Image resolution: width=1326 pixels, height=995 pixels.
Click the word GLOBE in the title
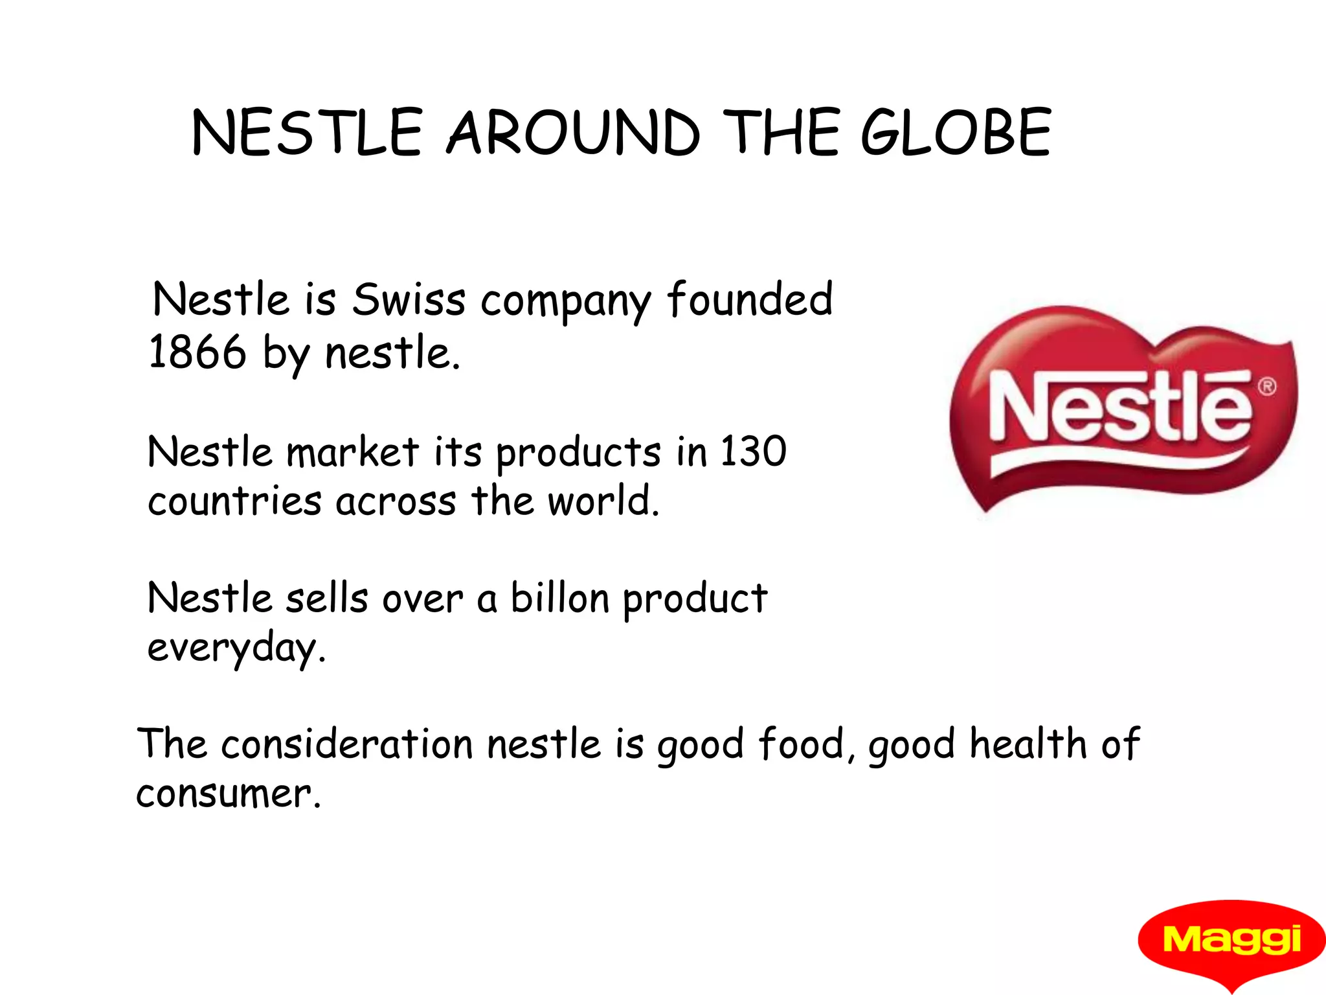[956, 133]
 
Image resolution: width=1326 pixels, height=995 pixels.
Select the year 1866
[197, 352]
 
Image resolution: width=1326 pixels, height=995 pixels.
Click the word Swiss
[409, 301]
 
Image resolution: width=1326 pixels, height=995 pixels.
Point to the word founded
[750, 299]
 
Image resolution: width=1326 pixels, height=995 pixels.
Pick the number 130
[753, 451]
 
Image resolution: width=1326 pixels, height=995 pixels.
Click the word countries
[234, 501]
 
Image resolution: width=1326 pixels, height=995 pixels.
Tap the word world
[603, 501]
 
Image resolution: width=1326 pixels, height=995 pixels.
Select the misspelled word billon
[560, 597]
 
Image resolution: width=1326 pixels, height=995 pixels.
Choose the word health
[1028, 743]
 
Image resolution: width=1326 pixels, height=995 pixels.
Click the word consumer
[228, 794]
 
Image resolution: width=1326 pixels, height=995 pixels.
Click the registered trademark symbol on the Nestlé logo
[1267, 387]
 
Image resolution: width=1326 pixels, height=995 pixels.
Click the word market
[353, 452]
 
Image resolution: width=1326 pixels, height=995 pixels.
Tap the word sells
[327, 597]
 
